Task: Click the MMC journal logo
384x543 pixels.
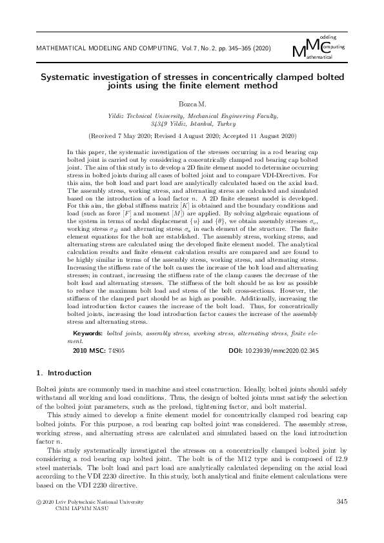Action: (x=318, y=48)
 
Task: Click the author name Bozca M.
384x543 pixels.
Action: (x=192, y=103)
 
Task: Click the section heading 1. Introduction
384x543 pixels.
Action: (x=62, y=373)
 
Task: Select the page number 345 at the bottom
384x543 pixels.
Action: (x=342, y=501)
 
